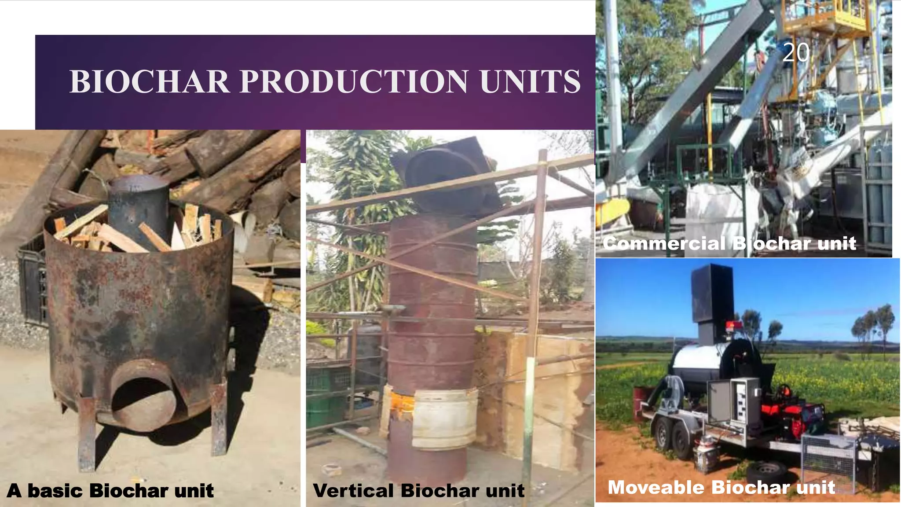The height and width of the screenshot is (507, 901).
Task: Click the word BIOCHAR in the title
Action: pyautogui.click(x=150, y=82)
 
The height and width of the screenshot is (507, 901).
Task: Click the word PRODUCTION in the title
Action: pyautogui.click(x=353, y=82)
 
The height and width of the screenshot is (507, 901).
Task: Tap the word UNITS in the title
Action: pyautogui.click(x=530, y=82)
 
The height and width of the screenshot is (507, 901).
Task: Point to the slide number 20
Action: pyautogui.click(x=796, y=53)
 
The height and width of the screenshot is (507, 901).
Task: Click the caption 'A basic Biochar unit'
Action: pyautogui.click(x=110, y=491)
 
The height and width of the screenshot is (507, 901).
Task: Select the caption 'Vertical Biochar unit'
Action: pyautogui.click(x=418, y=491)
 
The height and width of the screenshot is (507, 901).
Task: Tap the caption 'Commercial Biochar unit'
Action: pyautogui.click(x=729, y=243)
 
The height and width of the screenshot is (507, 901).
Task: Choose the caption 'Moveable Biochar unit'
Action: pyautogui.click(x=721, y=488)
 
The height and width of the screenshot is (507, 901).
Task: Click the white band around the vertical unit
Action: pyautogui.click(x=444, y=418)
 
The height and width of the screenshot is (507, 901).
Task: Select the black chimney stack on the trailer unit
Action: pyautogui.click(x=711, y=299)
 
